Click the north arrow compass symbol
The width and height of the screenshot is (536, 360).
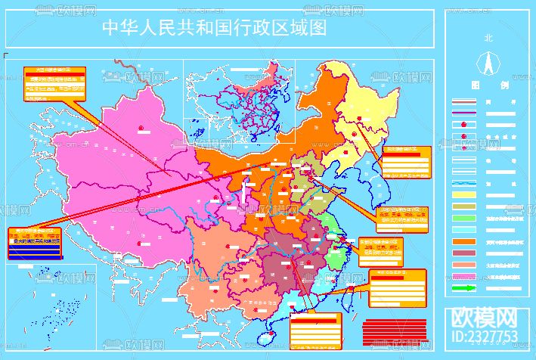tap(488, 60)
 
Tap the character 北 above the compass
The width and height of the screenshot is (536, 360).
tap(488, 37)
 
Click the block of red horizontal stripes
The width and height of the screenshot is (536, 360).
tap(387, 328)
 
